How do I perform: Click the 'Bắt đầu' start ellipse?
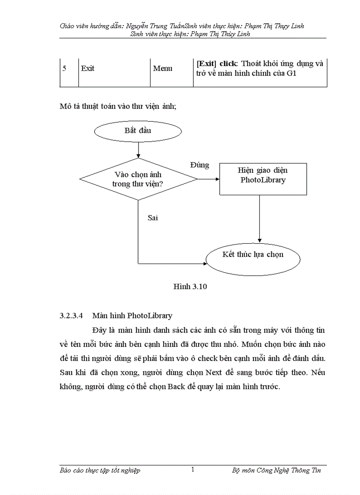point(138,131)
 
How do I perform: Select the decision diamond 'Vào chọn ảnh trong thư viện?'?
point(138,179)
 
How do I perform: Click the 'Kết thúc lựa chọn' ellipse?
point(253,258)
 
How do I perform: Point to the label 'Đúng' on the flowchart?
point(199,165)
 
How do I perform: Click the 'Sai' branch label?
point(153,217)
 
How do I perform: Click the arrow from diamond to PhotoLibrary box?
point(208,179)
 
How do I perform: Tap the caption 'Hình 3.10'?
point(190,287)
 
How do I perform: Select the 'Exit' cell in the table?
point(88,69)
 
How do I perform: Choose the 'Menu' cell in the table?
point(162,69)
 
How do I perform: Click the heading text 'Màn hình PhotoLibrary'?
point(132,316)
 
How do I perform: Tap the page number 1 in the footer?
point(193,470)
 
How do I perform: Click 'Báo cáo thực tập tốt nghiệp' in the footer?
point(100,470)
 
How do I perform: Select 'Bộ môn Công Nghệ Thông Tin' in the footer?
point(277,470)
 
